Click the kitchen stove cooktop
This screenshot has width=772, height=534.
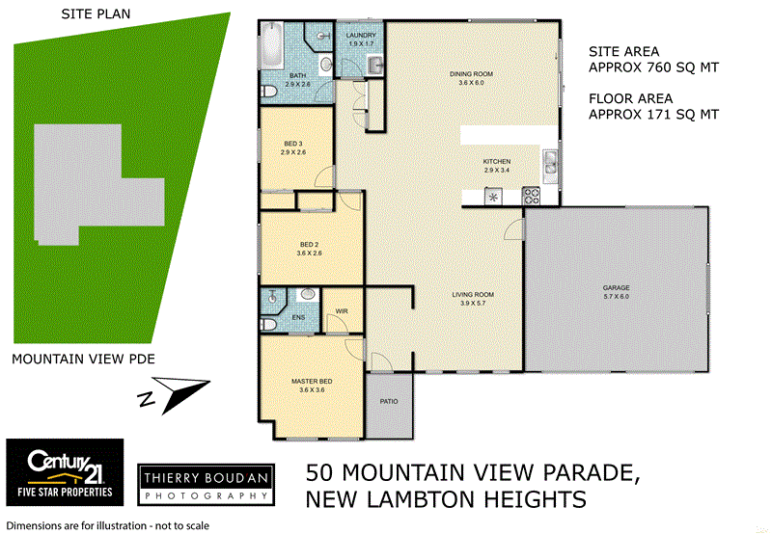530,197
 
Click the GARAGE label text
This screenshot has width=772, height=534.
616,288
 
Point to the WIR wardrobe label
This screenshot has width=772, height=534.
342,310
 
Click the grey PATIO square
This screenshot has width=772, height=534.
389,402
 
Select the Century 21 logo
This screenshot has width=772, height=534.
65,472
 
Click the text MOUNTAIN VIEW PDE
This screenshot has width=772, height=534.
83,360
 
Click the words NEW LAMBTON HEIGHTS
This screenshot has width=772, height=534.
445,499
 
